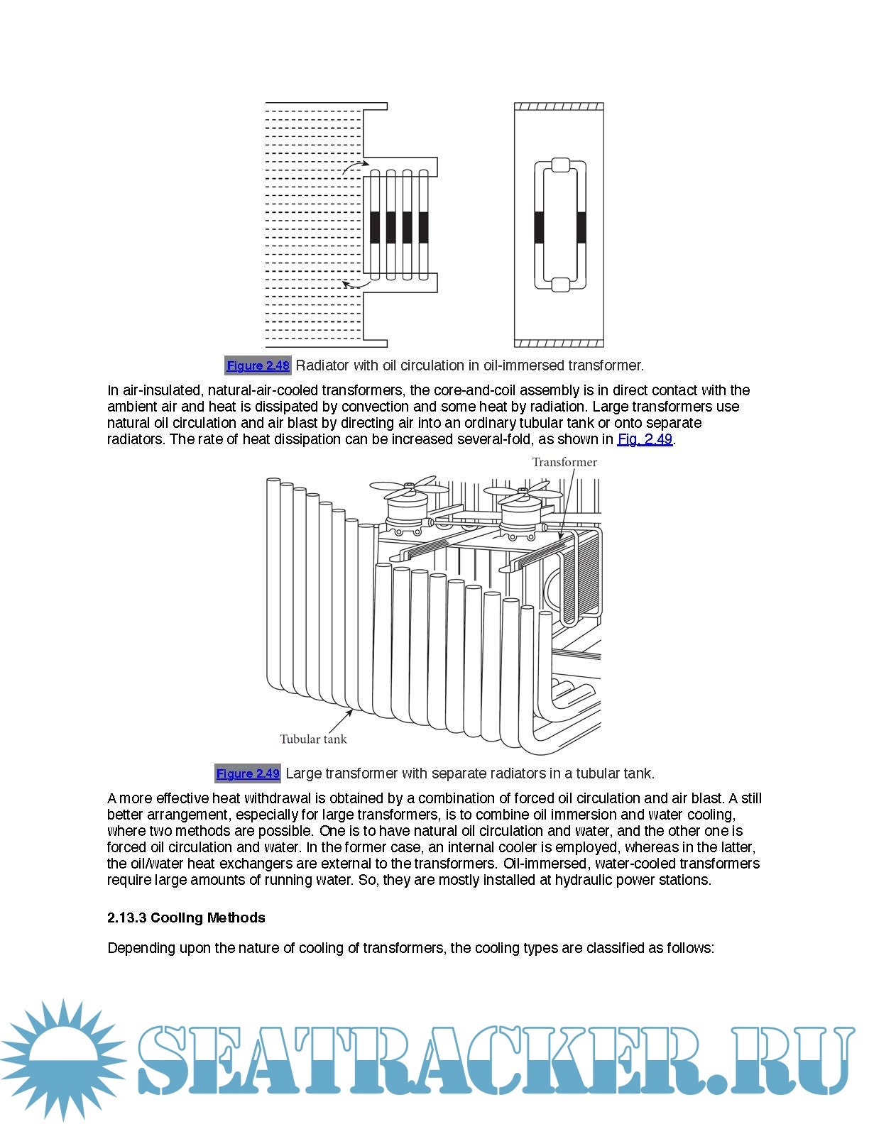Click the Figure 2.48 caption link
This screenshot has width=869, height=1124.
pyautogui.click(x=258, y=365)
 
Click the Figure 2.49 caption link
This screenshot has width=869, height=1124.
pyautogui.click(x=248, y=773)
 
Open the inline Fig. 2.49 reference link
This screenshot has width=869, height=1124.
pyautogui.click(x=645, y=439)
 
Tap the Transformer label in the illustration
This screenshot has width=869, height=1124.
pyautogui.click(x=564, y=462)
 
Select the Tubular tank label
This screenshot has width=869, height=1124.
pyautogui.click(x=313, y=739)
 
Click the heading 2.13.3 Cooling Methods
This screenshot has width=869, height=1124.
pyautogui.click(x=186, y=918)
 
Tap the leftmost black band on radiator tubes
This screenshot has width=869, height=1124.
pyautogui.click(x=375, y=227)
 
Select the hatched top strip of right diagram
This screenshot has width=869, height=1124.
pyautogui.click(x=559, y=107)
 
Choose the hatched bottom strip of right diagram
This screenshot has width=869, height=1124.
pyautogui.click(x=559, y=343)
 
